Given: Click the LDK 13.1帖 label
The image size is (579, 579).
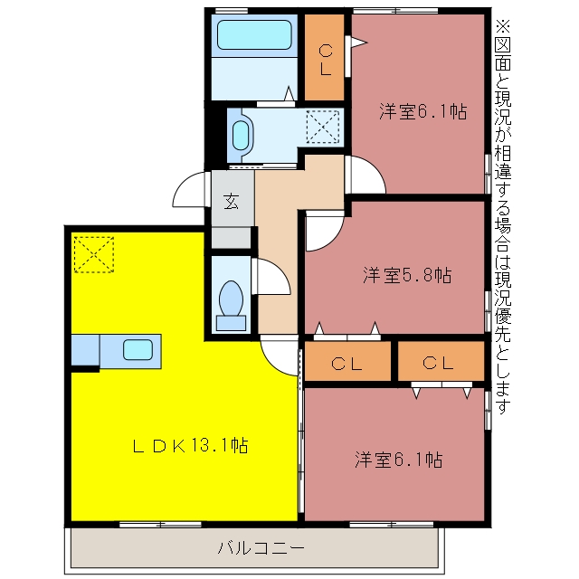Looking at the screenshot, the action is (x=190, y=446).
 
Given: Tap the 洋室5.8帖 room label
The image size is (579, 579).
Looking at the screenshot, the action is (x=407, y=275).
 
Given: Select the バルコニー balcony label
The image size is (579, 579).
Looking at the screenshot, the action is (x=261, y=547).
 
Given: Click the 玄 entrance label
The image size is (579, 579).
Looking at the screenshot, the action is (x=232, y=201).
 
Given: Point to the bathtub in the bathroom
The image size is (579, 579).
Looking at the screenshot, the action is (x=254, y=34).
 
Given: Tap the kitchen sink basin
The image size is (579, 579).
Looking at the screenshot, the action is (x=138, y=350).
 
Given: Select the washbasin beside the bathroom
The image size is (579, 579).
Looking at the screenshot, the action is (x=241, y=136).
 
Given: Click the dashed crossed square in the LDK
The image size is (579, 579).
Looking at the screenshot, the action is (x=94, y=254).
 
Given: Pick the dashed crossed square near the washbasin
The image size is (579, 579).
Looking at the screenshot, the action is (x=323, y=127).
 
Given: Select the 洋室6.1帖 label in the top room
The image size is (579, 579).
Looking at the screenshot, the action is (x=423, y=110).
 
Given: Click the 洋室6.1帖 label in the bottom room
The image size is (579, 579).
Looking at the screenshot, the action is (x=399, y=460).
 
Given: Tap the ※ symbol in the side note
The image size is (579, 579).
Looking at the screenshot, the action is (x=503, y=26).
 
